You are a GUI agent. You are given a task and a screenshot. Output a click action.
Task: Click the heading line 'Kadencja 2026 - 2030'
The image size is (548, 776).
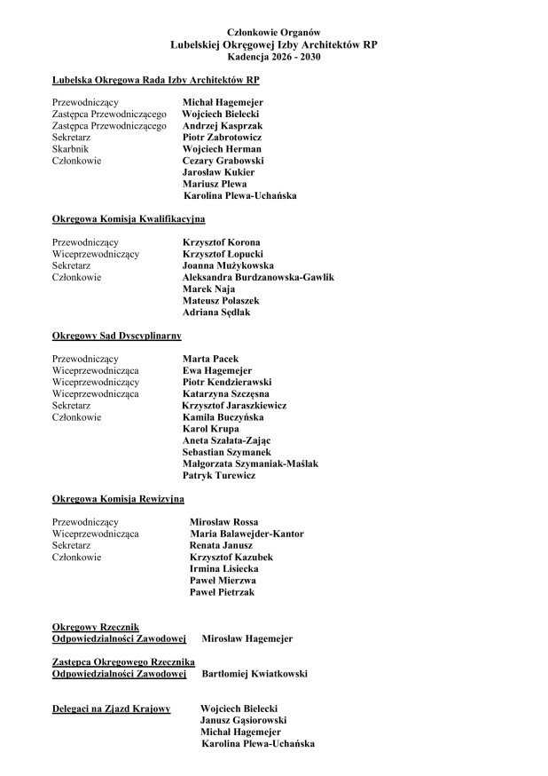(274, 55)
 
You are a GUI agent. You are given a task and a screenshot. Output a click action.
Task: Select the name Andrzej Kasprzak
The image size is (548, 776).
(222, 126)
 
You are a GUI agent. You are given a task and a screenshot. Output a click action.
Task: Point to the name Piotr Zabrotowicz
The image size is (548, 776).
(223, 138)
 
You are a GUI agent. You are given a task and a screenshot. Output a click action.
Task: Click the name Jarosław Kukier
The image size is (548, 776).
(218, 172)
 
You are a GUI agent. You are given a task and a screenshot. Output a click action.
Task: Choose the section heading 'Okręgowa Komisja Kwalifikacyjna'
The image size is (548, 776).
(129, 218)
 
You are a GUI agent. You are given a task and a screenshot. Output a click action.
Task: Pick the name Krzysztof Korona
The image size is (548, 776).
(221, 242)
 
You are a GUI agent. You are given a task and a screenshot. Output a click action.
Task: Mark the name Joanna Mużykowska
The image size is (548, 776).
(228, 265)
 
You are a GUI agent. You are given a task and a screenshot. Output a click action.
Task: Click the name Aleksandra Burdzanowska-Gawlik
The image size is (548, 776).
(258, 277)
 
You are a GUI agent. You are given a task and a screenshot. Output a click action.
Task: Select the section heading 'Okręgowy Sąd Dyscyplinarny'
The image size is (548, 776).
(117, 336)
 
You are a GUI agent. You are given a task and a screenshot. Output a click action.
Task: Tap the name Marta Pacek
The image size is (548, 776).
(210, 359)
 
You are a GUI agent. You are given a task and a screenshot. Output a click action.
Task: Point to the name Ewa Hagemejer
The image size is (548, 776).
(217, 370)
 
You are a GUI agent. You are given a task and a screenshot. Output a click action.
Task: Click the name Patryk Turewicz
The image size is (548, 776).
(219, 475)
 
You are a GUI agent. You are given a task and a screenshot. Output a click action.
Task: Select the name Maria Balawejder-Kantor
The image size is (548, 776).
(247, 534)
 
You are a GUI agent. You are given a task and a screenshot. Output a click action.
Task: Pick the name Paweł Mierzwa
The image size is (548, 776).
(223, 580)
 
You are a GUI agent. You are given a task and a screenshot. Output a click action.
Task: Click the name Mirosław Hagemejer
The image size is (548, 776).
(247, 638)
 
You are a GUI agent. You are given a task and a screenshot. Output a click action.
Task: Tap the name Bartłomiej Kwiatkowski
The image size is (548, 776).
(255, 674)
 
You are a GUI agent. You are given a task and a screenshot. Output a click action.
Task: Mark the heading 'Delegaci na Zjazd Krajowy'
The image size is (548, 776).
(111, 709)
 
